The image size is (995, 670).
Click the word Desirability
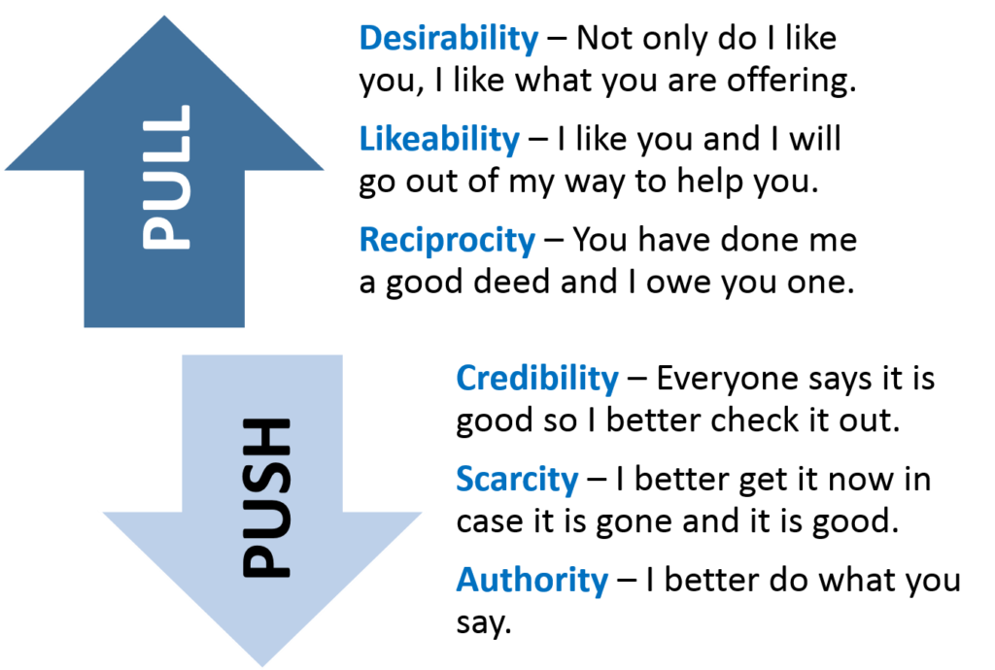click(448, 39)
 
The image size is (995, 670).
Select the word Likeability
click(439, 140)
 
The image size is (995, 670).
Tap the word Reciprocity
click(447, 240)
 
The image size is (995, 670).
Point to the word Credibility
click(536, 379)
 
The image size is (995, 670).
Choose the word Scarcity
click(516, 480)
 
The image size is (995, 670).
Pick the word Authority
click(532, 581)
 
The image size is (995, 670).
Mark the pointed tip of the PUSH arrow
click(262, 665)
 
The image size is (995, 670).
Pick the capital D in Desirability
click(371, 39)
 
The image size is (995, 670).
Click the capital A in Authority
click(468, 581)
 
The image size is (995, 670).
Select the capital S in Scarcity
click(465, 480)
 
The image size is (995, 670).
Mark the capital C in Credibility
click(467, 379)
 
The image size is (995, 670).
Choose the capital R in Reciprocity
click(371, 240)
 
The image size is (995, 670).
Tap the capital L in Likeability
click(367, 140)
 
